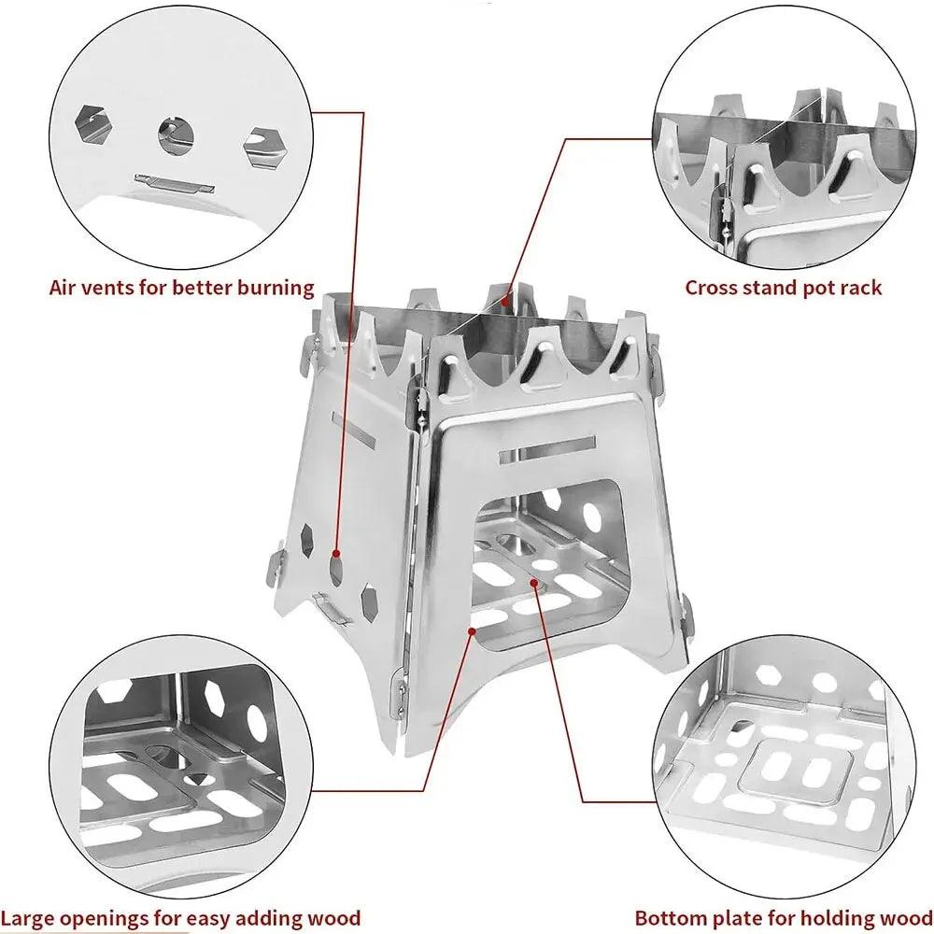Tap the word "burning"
pos(274,288)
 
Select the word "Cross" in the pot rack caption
pos(715,287)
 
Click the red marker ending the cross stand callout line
pos(505,302)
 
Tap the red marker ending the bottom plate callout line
pos(534,583)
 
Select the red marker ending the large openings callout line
pos(474,632)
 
